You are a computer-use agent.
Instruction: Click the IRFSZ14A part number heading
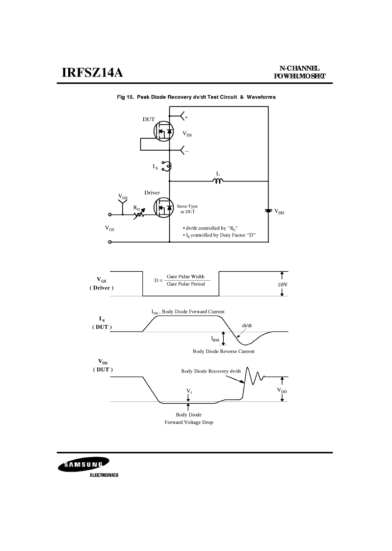[x=92, y=73]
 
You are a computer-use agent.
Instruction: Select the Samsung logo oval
[x=83, y=465]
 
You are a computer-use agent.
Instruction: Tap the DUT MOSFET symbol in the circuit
[x=164, y=131]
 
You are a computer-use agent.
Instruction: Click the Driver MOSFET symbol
[x=164, y=208]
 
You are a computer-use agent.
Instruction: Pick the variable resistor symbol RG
[x=139, y=213]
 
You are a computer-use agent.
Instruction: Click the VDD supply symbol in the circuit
[x=268, y=210]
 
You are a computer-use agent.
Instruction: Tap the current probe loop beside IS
[x=166, y=166]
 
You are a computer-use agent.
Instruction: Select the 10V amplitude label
[x=283, y=284]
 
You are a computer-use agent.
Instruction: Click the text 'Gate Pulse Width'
[x=185, y=277]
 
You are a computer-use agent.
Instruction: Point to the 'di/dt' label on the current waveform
[x=247, y=325]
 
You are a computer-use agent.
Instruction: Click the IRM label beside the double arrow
[x=215, y=339]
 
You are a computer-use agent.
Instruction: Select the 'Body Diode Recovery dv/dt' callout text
[x=211, y=371]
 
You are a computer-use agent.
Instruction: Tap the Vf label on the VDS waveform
[x=189, y=391]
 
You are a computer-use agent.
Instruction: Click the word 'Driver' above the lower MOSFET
[x=152, y=192]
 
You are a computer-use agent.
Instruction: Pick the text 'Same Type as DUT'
[x=187, y=209]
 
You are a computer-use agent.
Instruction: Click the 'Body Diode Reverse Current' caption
[x=224, y=351]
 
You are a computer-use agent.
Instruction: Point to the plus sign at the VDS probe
[x=186, y=117]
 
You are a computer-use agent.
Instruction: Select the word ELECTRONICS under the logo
[x=105, y=475]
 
